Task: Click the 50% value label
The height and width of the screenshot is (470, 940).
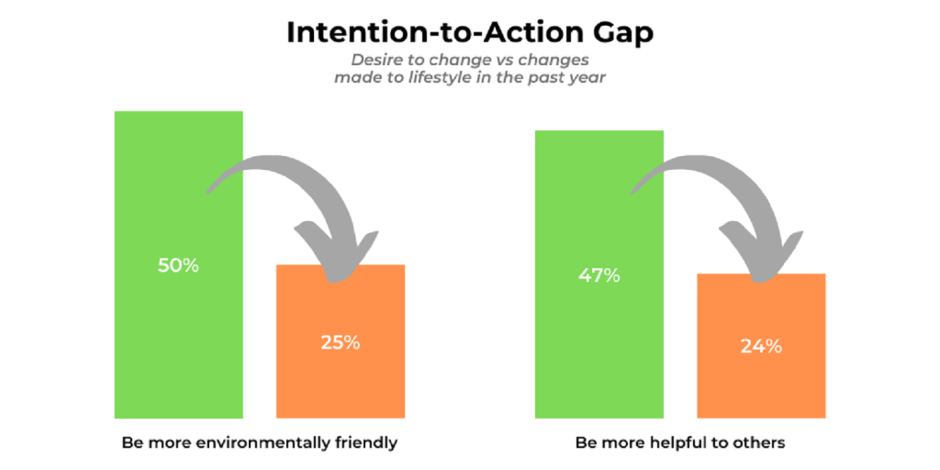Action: pyautogui.click(x=178, y=265)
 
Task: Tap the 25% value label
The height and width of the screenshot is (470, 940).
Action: pyautogui.click(x=341, y=342)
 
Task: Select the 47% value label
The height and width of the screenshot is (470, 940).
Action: pyautogui.click(x=599, y=274)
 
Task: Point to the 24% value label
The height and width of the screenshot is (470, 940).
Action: pyautogui.click(x=761, y=346)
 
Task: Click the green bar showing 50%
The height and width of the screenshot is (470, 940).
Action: pyautogui.click(x=178, y=349)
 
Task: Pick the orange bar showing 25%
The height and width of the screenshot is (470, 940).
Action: pyautogui.click(x=341, y=386)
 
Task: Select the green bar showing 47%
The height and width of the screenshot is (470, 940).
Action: pyautogui.click(x=599, y=358)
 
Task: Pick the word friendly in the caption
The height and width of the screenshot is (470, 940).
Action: pyautogui.click(x=364, y=442)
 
